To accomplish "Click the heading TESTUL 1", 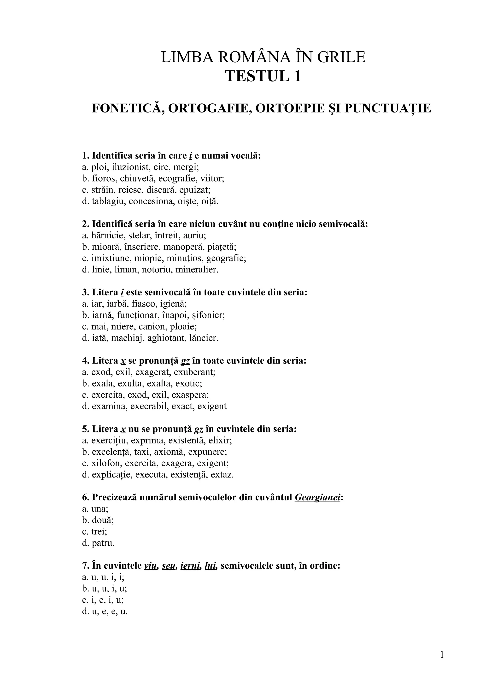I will [263, 76].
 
